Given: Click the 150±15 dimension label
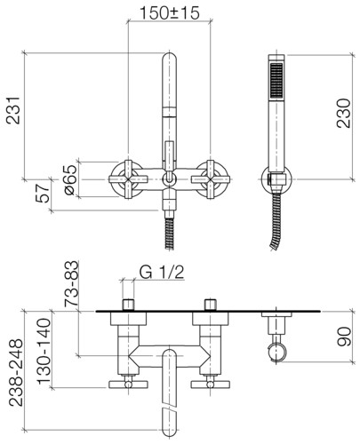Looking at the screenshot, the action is click(x=170, y=13).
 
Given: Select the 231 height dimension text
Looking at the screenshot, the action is click(x=13, y=110).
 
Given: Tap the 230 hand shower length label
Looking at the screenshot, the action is click(x=343, y=114).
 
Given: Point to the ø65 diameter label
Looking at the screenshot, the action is click(x=70, y=179).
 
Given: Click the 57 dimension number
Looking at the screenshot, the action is click(x=43, y=193).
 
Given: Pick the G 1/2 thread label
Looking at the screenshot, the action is click(x=162, y=273).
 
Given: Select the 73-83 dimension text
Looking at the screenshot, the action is click(x=72, y=283).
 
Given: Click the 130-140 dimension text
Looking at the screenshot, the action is click(x=44, y=351).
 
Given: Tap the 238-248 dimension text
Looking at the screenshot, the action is click(x=16, y=372).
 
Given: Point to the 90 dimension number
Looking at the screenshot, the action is click(x=344, y=337).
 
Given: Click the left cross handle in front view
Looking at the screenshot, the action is click(x=128, y=179).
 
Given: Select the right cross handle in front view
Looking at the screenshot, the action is click(x=211, y=179).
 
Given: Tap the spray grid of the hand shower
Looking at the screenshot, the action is click(x=276, y=80).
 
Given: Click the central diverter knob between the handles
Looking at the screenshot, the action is click(x=169, y=179).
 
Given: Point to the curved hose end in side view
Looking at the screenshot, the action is click(x=276, y=234).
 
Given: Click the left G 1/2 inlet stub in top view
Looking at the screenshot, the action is click(x=128, y=305).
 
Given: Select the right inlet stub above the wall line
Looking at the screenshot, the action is click(x=211, y=305).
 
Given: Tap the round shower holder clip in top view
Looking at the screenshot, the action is click(x=277, y=353).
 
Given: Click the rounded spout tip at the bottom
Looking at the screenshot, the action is click(x=170, y=429).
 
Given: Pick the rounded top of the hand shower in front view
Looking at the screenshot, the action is click(x=170, y=60).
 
